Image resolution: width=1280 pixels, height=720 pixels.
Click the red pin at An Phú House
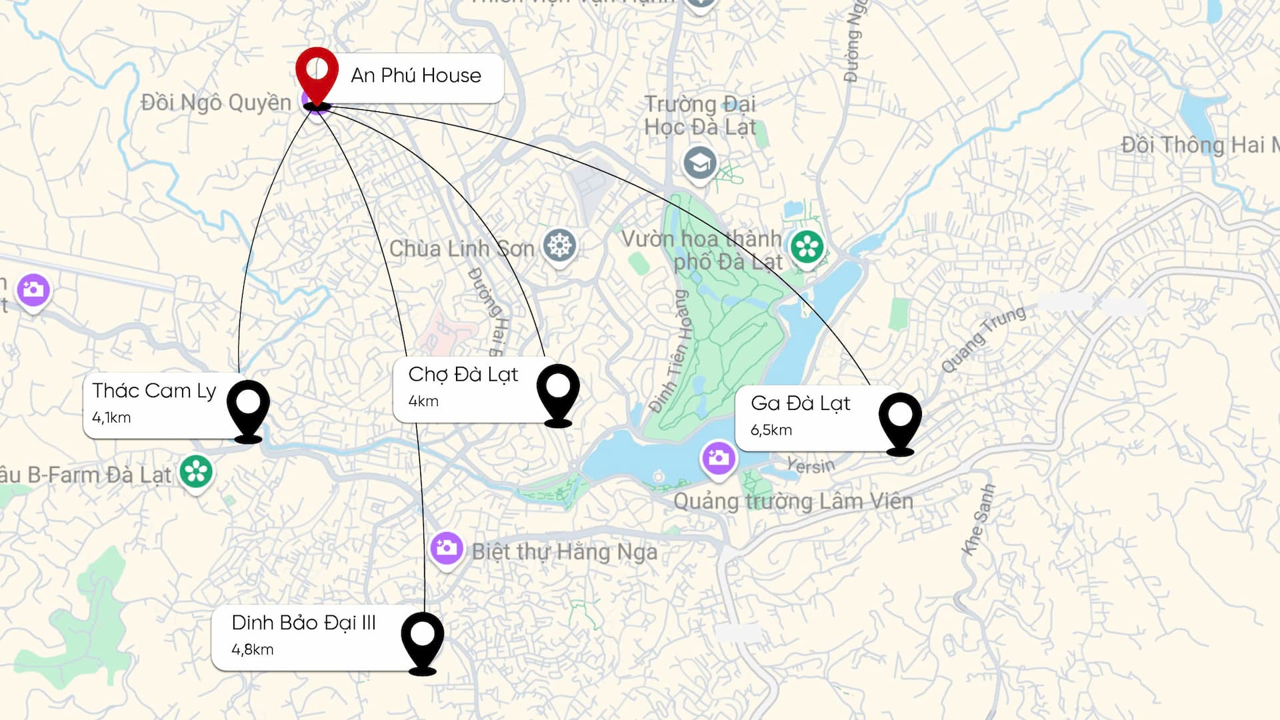(x=317, y=72)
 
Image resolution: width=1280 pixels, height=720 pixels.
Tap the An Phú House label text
(x=415, y=75)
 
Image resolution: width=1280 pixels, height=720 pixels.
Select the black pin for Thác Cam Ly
(x=248, y=407)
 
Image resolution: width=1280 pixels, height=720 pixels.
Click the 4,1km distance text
(x=111, y=418)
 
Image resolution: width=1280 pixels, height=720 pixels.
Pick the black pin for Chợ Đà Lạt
(x=558, y=391)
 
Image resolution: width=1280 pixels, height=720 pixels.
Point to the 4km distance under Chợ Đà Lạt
(x=423, y=401)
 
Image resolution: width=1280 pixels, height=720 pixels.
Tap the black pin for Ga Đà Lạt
(x=900, y=419)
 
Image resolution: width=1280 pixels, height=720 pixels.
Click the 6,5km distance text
(x=771, y=430)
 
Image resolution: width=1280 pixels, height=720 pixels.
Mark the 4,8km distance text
(x=252, y=649)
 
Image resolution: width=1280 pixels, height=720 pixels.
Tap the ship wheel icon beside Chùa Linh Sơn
(x=559, y=246)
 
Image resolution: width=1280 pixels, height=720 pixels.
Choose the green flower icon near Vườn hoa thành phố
(x=807, y=247)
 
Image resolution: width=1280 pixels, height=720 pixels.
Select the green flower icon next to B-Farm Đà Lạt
(x=196, y=471)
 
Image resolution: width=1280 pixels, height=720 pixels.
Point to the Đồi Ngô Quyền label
(x=216, y=103)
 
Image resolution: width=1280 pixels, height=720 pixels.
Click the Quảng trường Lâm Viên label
(x=793, y=501)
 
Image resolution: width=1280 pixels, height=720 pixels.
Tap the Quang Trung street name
(x=983, y=339)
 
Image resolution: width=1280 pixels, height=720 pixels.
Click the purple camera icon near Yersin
(x=719, y=458)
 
